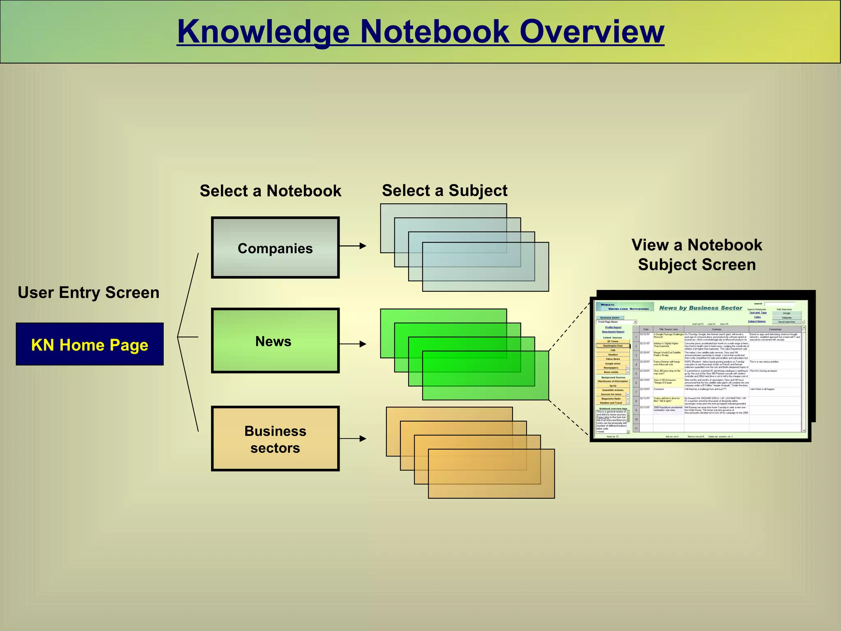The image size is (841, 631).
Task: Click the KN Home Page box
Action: point(90,344)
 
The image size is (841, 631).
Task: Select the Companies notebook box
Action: point(275,248)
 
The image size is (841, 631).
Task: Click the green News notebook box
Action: point(275,341)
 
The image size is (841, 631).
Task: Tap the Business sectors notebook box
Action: point(275,439)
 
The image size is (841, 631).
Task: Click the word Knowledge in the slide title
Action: point(263,32)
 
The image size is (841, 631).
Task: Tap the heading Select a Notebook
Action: point(270,191)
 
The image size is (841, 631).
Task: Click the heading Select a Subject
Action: point(444,191)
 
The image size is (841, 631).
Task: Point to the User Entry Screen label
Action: point(88,292)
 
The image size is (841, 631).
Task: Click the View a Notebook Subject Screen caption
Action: point(696,255)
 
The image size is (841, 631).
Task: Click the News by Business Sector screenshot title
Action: point(701,308)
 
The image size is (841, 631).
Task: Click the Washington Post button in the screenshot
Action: point(612,346)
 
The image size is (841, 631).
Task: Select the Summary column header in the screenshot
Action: point(716,329)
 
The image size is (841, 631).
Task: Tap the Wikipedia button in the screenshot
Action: point(786,318)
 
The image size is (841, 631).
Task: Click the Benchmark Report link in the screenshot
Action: point(613,332)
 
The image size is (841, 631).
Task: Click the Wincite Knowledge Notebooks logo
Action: point(625,306)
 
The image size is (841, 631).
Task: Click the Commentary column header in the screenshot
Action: point(775,329)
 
